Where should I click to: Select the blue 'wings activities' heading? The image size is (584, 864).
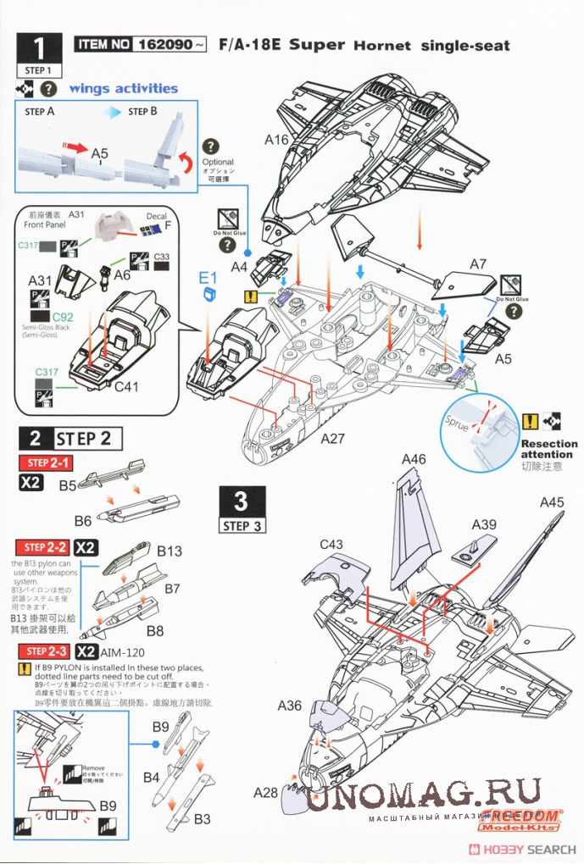click(123, 88)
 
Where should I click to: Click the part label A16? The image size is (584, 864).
click(276, 140)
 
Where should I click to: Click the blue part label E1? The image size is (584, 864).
click(209, 277)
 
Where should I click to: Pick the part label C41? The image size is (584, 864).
click(126, 388)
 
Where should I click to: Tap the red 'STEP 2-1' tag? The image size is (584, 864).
click(48, 462)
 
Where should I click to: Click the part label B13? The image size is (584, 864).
click(170, 551)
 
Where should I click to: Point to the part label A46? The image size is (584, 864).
click(414, 459)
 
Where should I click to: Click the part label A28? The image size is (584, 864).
click(265, 792)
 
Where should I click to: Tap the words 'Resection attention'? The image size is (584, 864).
click(548, 449)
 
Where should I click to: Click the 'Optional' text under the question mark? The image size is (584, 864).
click(218, 162)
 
